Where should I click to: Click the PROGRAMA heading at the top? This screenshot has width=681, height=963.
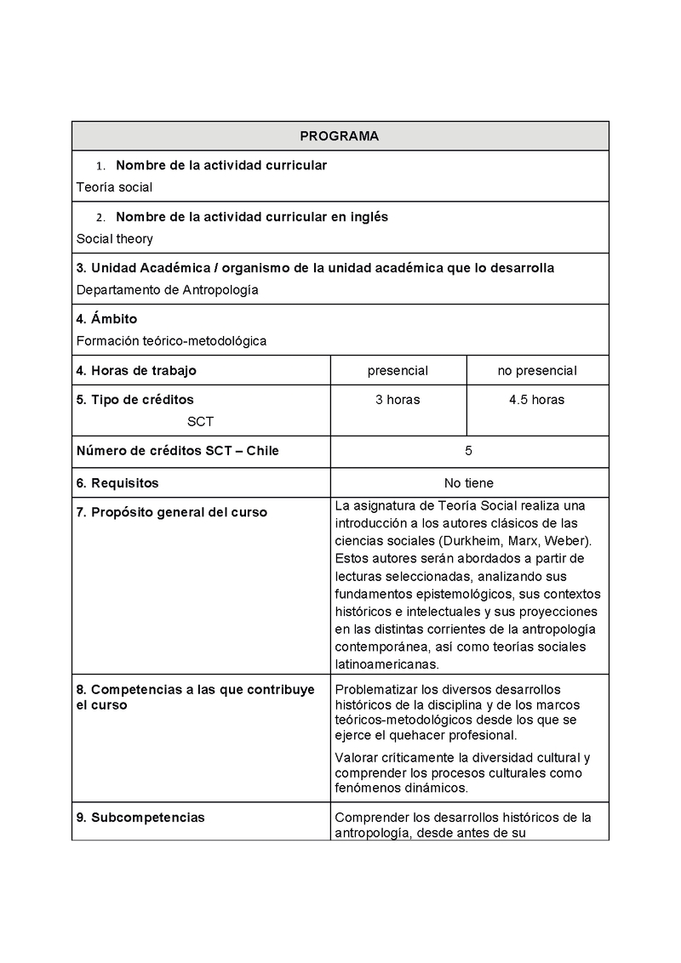pos(340,136)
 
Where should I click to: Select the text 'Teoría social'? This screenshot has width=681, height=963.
pos(114,187)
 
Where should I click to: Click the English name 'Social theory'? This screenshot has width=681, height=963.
pos(115,239)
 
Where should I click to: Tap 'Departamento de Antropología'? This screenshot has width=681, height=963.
pos(167,290)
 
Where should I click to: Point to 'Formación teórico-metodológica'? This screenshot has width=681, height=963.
pos(171,341)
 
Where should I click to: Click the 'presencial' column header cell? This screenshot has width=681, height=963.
pos(398,371)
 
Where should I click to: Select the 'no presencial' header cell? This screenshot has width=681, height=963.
pos(537,371)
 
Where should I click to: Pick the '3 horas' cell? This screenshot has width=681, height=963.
pos(398,400)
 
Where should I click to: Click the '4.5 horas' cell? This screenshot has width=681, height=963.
pos(537,400)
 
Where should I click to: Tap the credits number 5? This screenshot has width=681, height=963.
pos(469,451)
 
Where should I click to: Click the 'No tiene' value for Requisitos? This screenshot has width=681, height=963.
pos(469,483)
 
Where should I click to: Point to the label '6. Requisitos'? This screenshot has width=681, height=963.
pos(117,483)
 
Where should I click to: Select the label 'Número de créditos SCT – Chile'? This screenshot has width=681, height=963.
pos(178,451)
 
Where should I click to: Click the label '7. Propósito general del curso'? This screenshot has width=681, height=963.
pos(171,512)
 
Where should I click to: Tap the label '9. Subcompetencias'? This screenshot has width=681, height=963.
pos(140,818)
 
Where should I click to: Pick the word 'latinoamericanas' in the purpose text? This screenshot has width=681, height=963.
pos(386,664)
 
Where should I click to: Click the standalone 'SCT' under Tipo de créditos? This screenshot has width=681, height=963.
pos(201,422)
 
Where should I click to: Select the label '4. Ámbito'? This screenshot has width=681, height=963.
pos(106,319)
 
